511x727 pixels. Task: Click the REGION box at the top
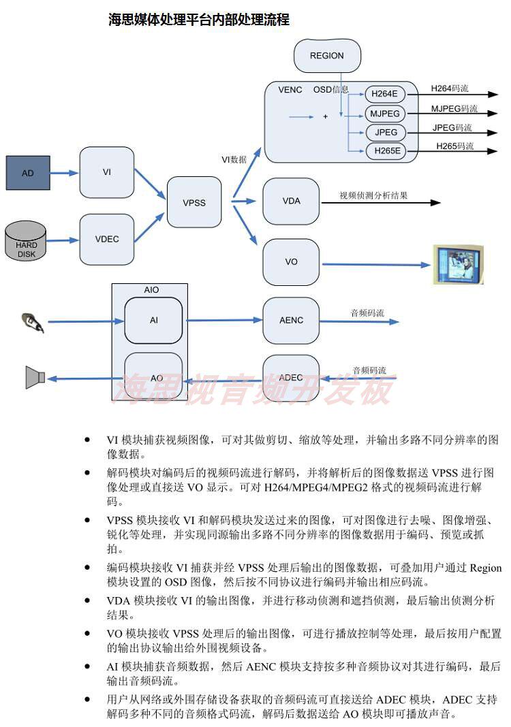(326, 56)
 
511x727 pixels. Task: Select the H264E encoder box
(386, 94)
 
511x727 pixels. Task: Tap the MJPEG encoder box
(386, 113)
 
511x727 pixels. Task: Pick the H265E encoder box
(386, 150)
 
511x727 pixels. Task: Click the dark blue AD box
(28, 173)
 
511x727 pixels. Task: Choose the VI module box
(107, 172)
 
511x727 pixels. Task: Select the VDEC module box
(107, 239)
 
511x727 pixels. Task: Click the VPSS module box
(194, 203)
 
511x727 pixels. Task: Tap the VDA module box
(291, 201)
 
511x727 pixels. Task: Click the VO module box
(291, 262)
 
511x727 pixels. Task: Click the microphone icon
(33, 322)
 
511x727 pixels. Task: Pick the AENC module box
(291, 321)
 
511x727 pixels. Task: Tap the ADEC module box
(291, 378)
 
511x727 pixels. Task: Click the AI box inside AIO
(154, 321)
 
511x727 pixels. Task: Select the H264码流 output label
(450, 88)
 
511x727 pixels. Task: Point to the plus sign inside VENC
(325, 117)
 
